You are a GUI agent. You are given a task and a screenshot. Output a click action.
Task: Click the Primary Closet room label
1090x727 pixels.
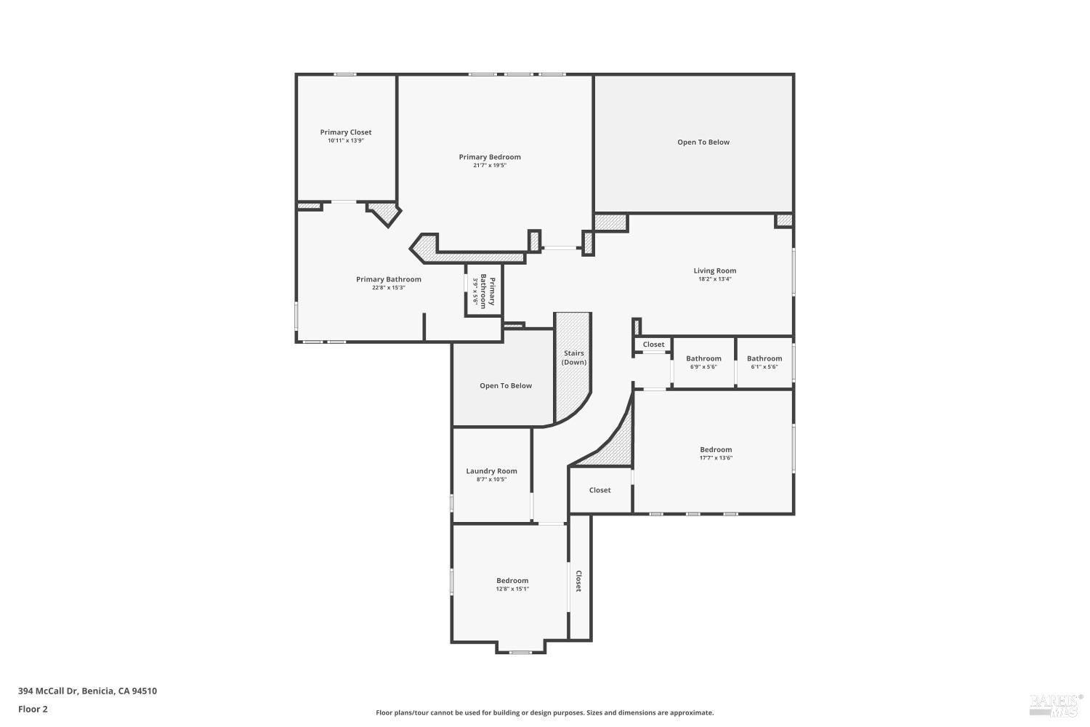click(346, 132)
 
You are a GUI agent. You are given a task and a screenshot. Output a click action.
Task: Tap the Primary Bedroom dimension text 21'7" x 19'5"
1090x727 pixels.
click(490, 166)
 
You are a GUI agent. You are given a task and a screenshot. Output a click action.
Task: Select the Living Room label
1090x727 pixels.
click(714, 270)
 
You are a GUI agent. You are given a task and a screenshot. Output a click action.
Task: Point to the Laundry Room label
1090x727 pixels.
click(491, 471)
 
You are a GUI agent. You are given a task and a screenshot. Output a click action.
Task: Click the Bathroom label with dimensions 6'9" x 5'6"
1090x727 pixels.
click(703, 358)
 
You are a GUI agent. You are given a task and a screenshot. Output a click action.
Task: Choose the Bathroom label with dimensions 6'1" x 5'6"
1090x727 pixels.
click(764, 358)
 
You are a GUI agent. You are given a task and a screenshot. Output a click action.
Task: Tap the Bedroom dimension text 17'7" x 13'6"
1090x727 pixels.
click(716, 458)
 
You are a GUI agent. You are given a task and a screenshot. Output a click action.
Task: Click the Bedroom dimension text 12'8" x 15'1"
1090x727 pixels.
click(512, 589)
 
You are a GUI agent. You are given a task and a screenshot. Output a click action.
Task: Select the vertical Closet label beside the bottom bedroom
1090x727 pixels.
click(579, 581)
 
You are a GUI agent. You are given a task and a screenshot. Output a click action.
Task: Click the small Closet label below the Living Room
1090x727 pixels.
click(653, 345)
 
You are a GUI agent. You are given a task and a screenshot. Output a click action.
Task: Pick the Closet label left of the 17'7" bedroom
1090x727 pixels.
click(599, 490)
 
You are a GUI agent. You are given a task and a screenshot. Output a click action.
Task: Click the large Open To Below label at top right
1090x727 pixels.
click(703, 142)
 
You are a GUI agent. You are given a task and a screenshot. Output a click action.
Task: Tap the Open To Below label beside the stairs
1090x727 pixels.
click(506, 386)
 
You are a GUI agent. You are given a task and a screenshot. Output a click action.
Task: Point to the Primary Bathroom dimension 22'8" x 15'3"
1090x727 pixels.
click(388, 288)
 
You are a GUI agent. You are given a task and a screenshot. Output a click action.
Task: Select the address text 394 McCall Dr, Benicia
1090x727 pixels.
click(87, 691)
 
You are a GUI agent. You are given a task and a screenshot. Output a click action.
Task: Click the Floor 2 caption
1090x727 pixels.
click(33, 709)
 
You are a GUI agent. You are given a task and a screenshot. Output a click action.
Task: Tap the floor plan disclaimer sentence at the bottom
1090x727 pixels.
click(544, 713)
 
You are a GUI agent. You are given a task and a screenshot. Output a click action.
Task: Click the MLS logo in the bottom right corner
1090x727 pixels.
click(1055, 703)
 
